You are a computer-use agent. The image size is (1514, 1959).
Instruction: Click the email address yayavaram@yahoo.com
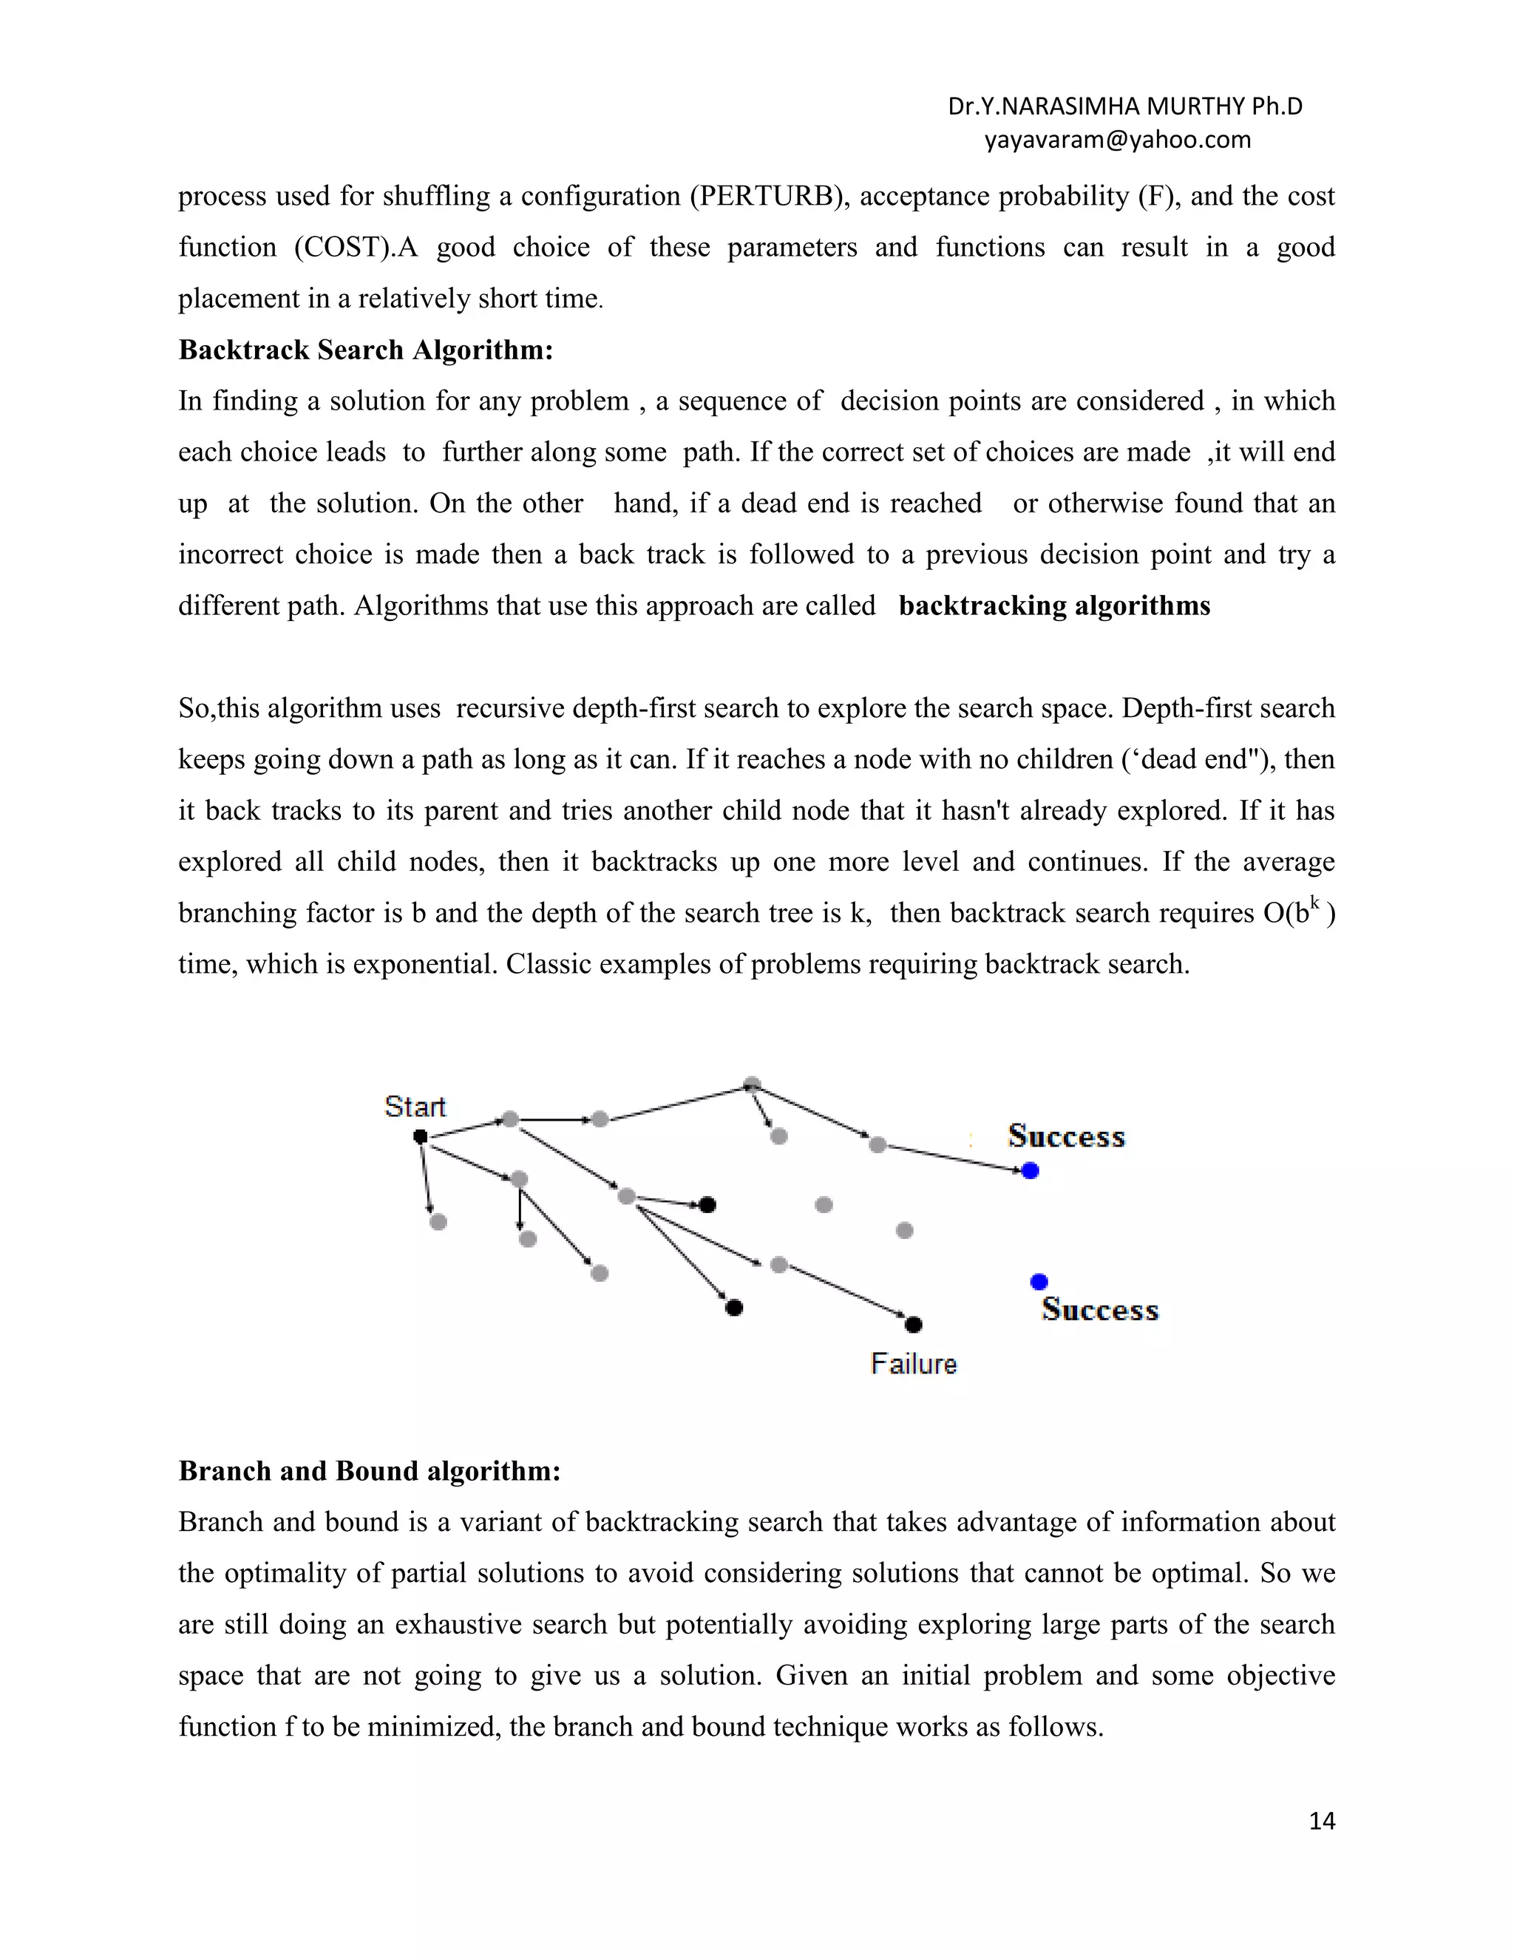click(1117, 140)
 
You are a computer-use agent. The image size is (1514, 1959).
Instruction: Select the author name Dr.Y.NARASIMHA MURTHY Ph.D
click(1124, 106)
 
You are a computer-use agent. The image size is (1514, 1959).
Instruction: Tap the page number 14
click(1321, 1821)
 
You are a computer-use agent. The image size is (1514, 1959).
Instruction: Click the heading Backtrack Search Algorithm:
click(365, 350)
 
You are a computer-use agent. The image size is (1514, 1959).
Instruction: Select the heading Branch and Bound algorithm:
click(369, 1471)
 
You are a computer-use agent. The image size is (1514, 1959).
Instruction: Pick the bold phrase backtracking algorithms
click(1054, 606)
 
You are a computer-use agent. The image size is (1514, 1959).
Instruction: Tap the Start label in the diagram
click(415, 1107)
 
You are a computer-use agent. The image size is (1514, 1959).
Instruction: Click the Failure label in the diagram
click(913, 1365)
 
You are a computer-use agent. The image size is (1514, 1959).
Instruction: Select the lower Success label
click(1099, 1310)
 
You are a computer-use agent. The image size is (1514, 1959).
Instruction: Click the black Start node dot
click(420, 1136)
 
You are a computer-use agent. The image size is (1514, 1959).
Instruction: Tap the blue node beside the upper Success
click(1030, 1170)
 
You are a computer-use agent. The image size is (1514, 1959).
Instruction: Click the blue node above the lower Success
click(1039, 1282)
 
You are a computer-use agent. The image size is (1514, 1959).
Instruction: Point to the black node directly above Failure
click(913, 1325)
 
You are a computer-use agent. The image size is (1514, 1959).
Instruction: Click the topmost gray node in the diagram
click(753, 1084)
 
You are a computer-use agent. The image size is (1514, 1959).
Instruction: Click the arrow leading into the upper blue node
click(955, 1157)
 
